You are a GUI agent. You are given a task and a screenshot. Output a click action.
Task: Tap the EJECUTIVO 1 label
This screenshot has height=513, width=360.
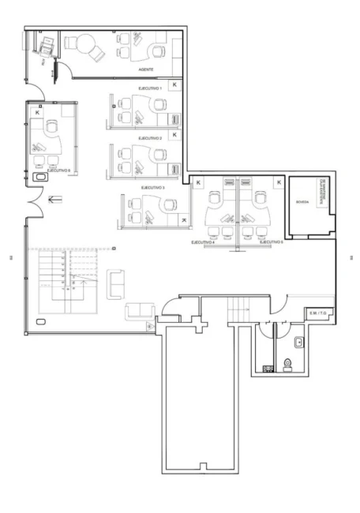tap(150, 89)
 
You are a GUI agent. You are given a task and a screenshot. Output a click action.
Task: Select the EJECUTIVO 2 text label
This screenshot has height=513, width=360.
tap(150, 138)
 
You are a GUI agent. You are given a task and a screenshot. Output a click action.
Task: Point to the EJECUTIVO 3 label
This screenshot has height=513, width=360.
tap(152, 188)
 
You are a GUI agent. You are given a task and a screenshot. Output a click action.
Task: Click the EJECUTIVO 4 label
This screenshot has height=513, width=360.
tap(204, 242)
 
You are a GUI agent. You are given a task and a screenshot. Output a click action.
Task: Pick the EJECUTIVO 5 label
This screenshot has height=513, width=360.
tap(270, 242)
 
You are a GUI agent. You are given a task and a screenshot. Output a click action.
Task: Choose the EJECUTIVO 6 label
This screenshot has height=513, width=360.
tap(59, 170)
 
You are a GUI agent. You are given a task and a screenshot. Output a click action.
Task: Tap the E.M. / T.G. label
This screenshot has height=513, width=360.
tap(318, 312)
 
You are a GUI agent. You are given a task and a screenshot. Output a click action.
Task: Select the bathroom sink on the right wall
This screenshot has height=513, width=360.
tap(299, 343)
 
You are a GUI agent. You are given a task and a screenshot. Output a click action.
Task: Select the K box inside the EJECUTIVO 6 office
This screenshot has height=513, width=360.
tap(37, 114)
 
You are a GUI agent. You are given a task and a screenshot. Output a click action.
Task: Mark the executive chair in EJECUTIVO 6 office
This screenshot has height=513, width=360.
tap(53, 126)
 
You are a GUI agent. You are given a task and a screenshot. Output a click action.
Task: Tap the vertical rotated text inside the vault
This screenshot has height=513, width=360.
tap(322, 193)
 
